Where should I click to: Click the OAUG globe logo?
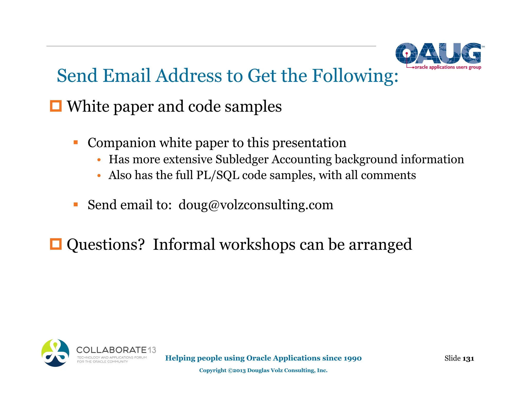pyautogui.click(x=438, y=53)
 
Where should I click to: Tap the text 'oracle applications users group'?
pyautogui.click(x=447, y=67)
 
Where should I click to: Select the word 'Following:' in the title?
pyautogui.click(x=355, y=76)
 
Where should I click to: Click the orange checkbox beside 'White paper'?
pyautogui.click(x=56, y=106)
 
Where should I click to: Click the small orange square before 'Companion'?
pyautogui.click(x=76, y=142)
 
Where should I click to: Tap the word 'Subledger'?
pyautogui.click(x=242, y=159)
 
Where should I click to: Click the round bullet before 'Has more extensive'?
pyautogui.click(x=99, y=160)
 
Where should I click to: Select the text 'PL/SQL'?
pyautogui.click(x=218, y=175)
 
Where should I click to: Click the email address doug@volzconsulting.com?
pyautogui.click(x=256, y=205)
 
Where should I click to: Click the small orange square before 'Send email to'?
pyautogui.click(x=76, y=205)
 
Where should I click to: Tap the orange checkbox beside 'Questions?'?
pyautogui.click(x=56, y=244)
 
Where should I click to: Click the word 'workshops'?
pyautogui.click(x=257, y=244)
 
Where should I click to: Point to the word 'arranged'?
pyautogui.click(x=380, y=244)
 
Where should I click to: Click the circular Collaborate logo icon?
pyautogui.click(x=55, y=353)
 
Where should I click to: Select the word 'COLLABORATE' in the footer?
pyautogui.click(x=111, y=350)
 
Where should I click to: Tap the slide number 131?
pyautogui.click(x=468, y=358)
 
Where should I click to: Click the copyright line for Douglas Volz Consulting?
pyautogui.click(x=263, y=370)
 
